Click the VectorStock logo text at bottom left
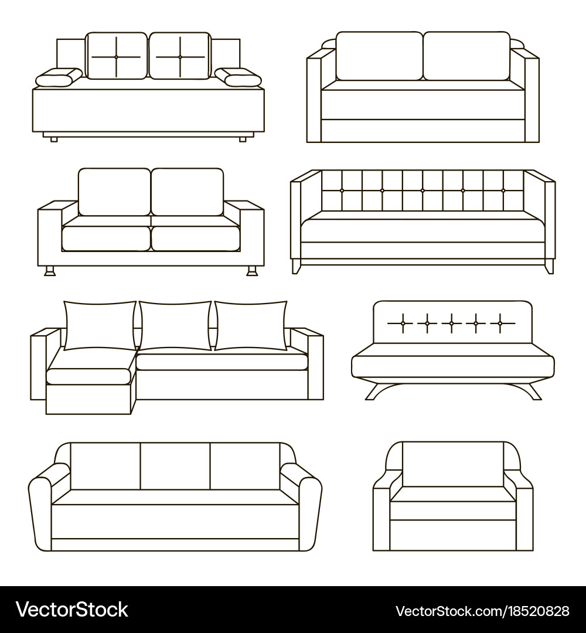click(x=72, y=610)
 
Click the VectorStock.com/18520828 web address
click(x=482, y=611)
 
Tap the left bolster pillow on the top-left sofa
click(x=59, y=77)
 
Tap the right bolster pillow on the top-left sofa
click(x=238, y=77)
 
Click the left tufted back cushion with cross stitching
click(x=116, y=56)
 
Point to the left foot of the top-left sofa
click(x=54, y=139)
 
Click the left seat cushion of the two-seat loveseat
click(x=106, y=239)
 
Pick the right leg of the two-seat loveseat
click(x=252, y=271)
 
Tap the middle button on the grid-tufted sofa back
click(x=423, y=190)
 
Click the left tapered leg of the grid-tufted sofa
click(x=297, y=267)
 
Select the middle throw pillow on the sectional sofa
click(x=175, y=325)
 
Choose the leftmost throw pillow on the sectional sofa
click(x=100, y=325)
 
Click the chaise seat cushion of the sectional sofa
click(x=89, y=376)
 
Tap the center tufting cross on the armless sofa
click(x=452, y=324)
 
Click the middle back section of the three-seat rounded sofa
click(x=175, y=467)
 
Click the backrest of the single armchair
click(x=453, y=464)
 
